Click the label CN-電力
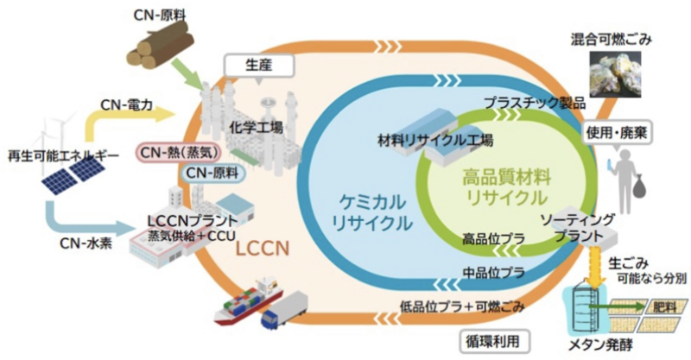point(126,107)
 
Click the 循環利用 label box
point(491,341)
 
